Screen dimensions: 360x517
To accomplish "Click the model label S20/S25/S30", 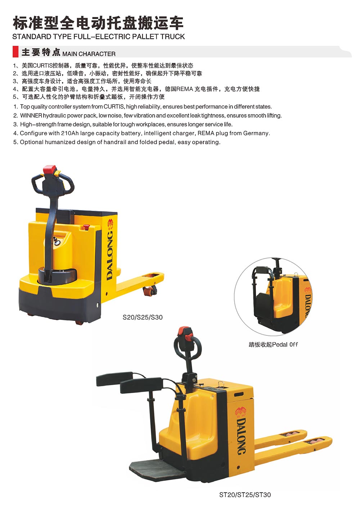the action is coord(143,317).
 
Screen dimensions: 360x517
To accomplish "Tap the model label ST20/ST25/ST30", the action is coord(245,495).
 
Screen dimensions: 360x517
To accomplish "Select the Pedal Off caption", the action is coord(273,345).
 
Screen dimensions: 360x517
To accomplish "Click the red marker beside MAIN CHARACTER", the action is coord(15,52).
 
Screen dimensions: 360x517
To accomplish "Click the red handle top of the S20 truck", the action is coord(50,169).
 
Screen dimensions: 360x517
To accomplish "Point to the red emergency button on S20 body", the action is coord(86,227).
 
